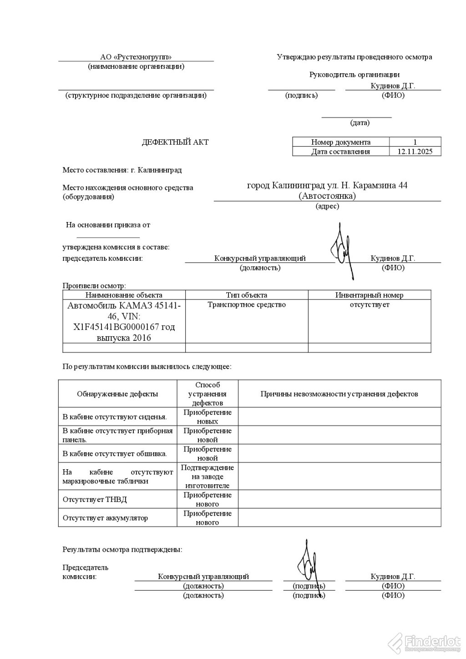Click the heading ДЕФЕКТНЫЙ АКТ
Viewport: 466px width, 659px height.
pos(175,142)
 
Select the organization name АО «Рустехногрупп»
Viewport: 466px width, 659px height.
pos(136,57)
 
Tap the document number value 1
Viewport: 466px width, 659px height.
pos(415,142)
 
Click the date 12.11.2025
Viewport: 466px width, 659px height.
pos(415,152)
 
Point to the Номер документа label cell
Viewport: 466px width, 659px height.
pos(340,142)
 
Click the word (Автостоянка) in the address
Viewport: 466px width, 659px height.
pos(327,196)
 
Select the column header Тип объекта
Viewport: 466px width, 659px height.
pos(246,295)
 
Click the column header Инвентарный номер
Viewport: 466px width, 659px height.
pos(369,295)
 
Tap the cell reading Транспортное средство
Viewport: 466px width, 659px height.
pos(246,304)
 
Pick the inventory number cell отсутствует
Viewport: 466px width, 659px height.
pos(369,304)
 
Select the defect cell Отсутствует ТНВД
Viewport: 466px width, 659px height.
pos(95,499)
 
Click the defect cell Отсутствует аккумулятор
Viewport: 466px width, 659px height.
pos(105,518)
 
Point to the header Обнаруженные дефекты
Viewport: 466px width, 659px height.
pos(117,394)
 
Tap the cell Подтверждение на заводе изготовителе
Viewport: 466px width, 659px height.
pos(207,476)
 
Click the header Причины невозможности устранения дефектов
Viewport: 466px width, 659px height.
pos(339,394)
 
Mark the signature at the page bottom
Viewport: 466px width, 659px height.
pos(309,566)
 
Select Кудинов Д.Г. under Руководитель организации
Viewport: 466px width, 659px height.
pos(393,86)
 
